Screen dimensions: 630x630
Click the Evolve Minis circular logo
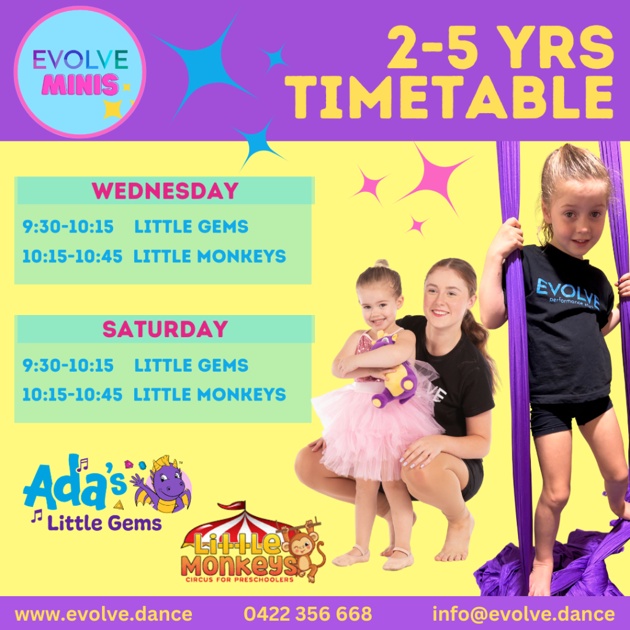click(80, 72)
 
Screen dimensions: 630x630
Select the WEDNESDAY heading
click(165, 191)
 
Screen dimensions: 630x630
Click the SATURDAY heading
click(165, 330)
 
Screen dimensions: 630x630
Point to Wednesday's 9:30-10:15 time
click(68, 226)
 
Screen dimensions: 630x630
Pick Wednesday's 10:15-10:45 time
click(73, 257)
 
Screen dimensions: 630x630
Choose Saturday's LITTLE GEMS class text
click(191, 365)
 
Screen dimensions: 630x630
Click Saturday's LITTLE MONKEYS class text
click(209, 394)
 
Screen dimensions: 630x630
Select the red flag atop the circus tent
click(233, 506)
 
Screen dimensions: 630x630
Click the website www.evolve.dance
click(103, 614)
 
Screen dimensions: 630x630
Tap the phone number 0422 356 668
click(308, 614)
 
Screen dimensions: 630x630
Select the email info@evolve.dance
click(524, 614)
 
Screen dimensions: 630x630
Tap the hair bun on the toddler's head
click(381, 263)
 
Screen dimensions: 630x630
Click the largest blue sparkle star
click(205, 66)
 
